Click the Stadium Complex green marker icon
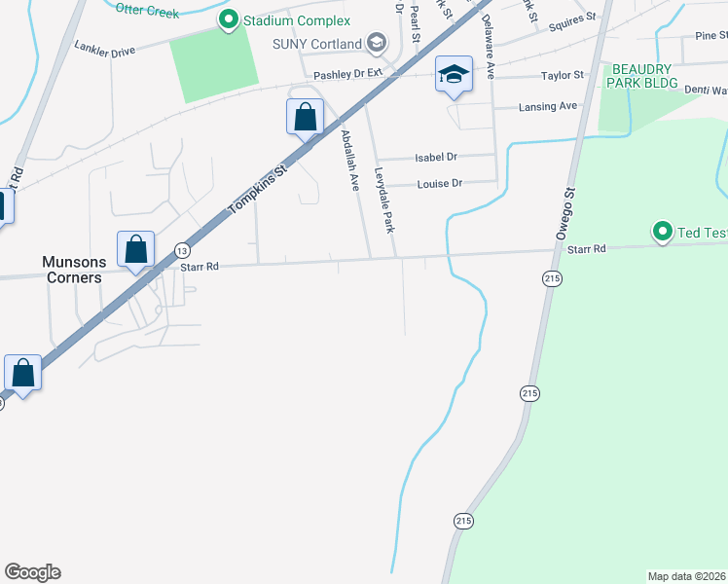(230, 19)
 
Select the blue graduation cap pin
(454, 75)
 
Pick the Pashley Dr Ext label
(348, 75)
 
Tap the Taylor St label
(562, 75)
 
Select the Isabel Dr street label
(436, 156)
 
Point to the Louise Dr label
(439, 183)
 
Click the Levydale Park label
(382, 200)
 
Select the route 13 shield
(182, 250)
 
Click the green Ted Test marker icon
(663, 232)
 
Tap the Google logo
(32, 572)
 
